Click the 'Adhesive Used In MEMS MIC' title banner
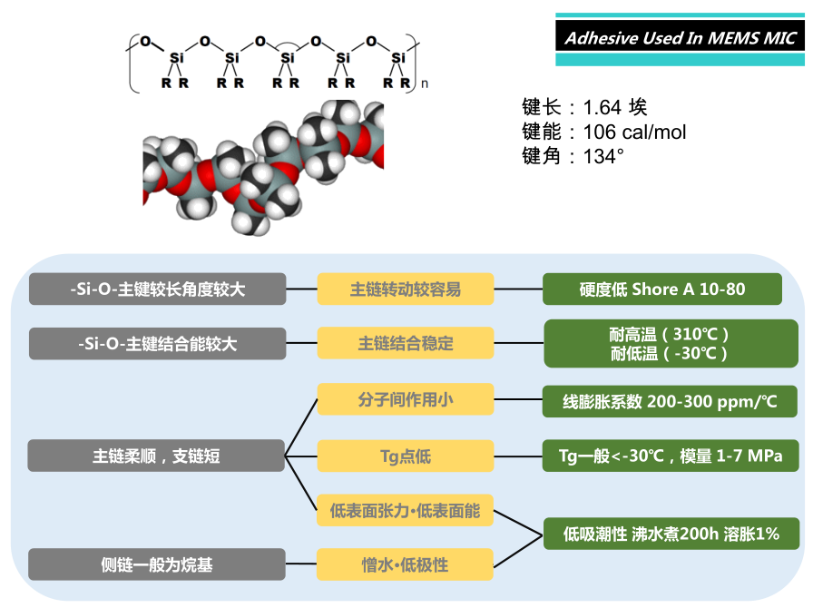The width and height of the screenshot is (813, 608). pyautogui.click(x=680, y=39)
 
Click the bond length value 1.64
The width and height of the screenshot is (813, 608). pyautogui.click(x=602, y=107)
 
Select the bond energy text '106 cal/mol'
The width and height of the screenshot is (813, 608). pyautogui.click(x=634, y=132)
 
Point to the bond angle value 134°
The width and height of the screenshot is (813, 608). pyautogui.click(x=603, y=156)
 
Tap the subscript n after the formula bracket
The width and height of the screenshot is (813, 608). pyautogui.click(x=425, y=83)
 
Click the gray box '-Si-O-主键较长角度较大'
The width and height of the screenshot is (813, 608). pyautogui.click(x=158, y=289)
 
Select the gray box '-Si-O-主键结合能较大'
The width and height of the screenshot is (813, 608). pyautogui.click(x=158, y=343)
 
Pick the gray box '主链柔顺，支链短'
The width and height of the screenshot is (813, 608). pyautogui.click(x=156, y=456)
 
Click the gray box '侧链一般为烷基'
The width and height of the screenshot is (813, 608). pyautogui.click(x=157, y=564)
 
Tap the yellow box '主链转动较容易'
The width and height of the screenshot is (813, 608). pyautogui.click(x=406, y=289)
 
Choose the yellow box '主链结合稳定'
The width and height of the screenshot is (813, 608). pyautogui.click(x=406, y=343)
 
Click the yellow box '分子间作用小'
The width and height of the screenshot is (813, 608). pyautogui.click(x=406, y=399)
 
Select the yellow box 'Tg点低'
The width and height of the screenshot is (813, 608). pyautogui.click(x=406, y=456)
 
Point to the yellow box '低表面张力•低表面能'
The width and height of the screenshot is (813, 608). pyautogui.click(x=405, y=511)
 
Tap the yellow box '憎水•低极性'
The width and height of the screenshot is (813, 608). pyautogui.click(x=405, y=564)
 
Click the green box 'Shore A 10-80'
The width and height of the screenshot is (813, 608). pyautogui.click(x=662, y=289)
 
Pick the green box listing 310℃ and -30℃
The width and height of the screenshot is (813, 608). pyautogui.click(x=671, y=343)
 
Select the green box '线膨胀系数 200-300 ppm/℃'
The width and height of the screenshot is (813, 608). pyautogui.click(x=670, y=401)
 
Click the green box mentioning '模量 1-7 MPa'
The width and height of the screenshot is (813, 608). pyautogui.click(x=671, y=456)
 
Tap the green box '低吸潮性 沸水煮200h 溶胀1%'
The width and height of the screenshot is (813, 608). pyautogui.click(x=671, y=534)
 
